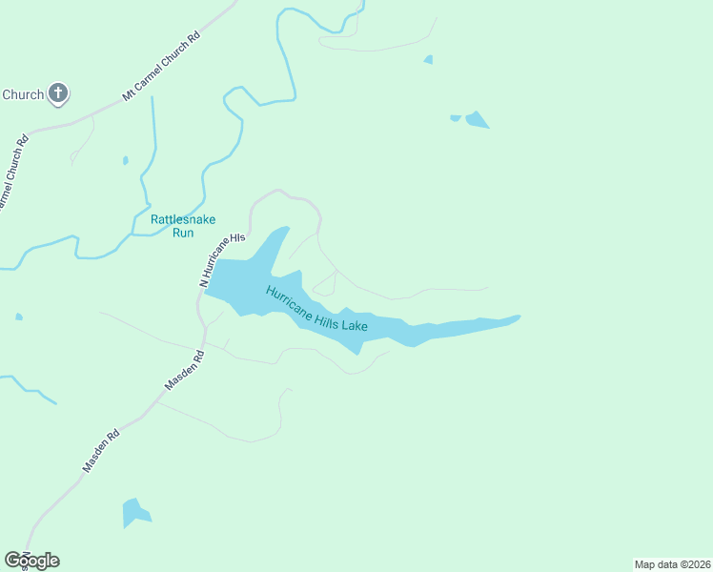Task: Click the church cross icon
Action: (57, 93)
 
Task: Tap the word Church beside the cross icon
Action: (23, 94)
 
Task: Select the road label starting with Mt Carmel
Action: (161, 67)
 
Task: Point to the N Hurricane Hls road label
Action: (221, 259)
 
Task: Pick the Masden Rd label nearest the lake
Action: (186, 371)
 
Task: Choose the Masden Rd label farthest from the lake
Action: (100, 450)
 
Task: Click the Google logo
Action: (31, 560)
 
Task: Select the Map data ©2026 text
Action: (672, 564)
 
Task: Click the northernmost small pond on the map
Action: (429, 59)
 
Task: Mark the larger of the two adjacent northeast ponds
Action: (476, 120)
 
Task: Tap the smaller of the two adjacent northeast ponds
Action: (456, 118)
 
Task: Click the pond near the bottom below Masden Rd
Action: (134, 513)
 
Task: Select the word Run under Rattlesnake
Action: (184, 232)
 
